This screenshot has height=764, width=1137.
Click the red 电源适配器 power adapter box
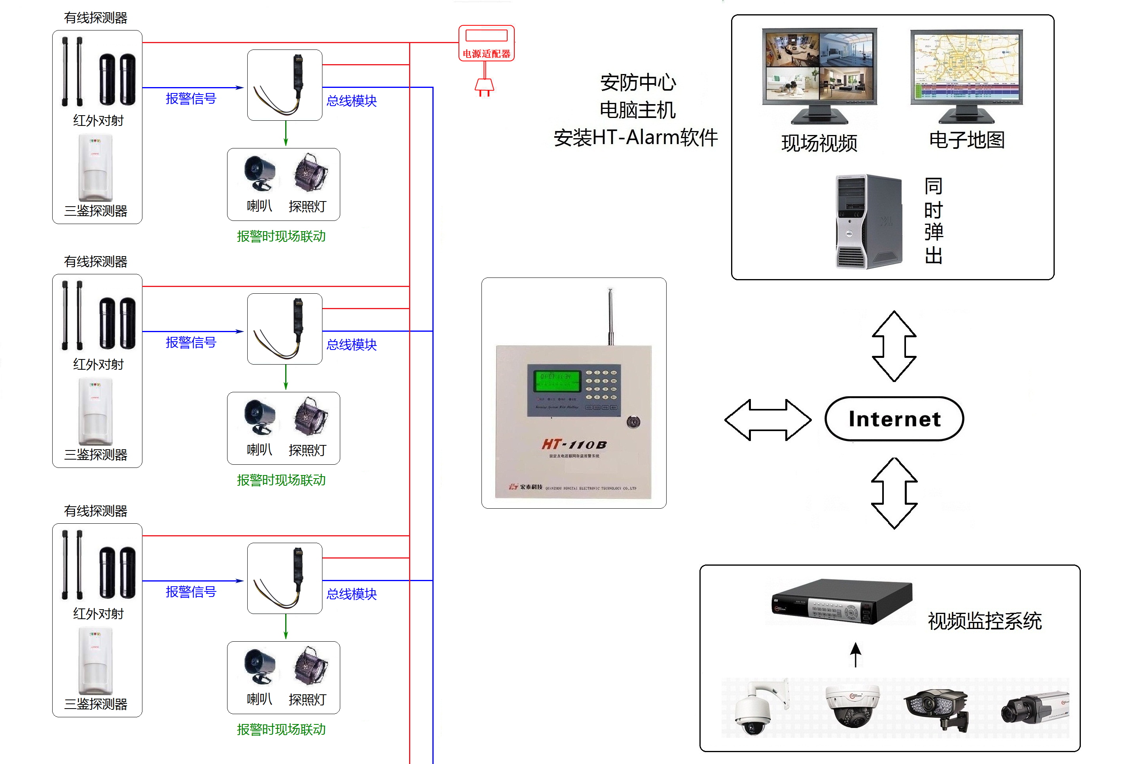[x=486, y=44]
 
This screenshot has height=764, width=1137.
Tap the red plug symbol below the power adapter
[x=484, y=87]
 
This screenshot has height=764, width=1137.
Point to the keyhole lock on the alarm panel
[x=633, y=422]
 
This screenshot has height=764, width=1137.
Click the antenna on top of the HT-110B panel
[x=610, y=317]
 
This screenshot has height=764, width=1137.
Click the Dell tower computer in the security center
[x=867, y=222]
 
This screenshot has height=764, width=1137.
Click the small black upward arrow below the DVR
[x=856, y=654]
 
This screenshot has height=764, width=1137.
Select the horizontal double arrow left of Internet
[x=767, y=420]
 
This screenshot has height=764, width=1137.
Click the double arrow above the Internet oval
[x=894, y=346]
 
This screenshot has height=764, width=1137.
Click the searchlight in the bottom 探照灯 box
[x=310, y=665]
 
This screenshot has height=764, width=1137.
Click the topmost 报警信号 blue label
[x=191, y=99]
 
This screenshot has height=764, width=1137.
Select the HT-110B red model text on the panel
[x=574, y=445]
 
